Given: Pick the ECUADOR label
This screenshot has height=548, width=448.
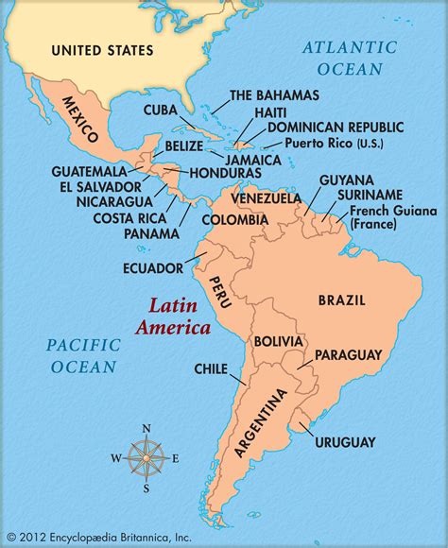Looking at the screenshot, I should [152, 267].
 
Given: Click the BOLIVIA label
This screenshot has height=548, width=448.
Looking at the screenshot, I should [277, 341].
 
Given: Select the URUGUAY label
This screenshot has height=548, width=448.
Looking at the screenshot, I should [347, 441].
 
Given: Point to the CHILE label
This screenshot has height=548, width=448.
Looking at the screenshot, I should [211, 368].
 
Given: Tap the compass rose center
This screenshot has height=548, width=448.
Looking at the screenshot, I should [146, 458].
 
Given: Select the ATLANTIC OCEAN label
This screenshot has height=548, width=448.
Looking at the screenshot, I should [345, 57].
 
